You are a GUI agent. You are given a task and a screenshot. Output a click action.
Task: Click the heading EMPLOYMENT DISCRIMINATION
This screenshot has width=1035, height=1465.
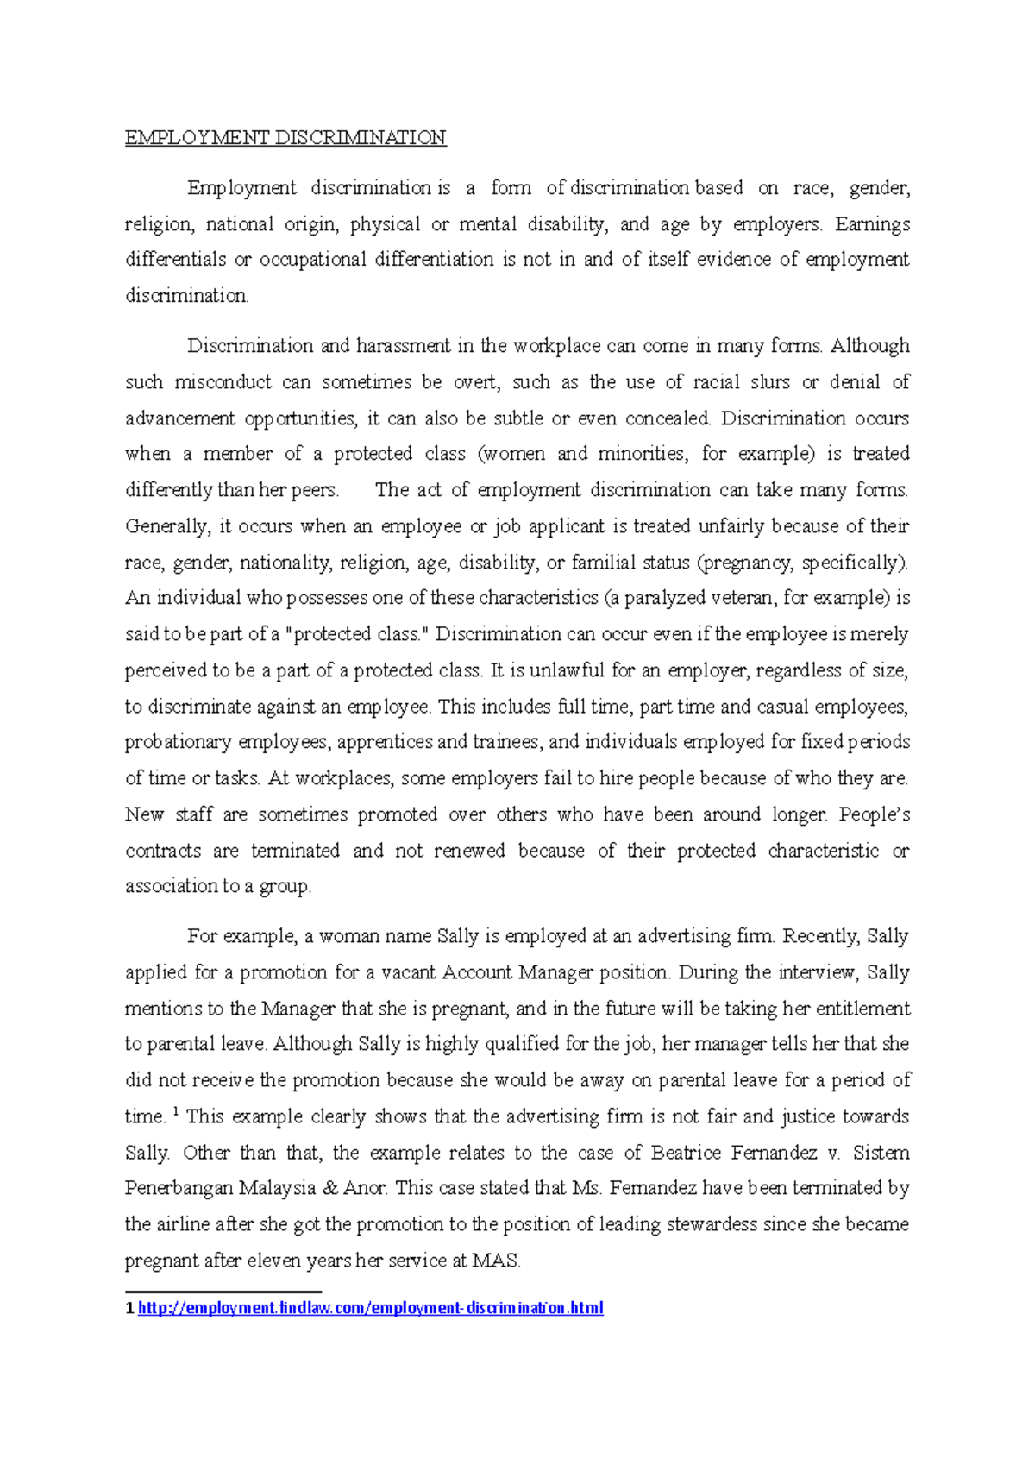(x=285, y=138)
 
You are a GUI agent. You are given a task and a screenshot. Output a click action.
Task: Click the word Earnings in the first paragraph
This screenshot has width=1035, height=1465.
(x=872, y=224)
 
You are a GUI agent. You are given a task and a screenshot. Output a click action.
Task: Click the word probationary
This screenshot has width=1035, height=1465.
(x=179, y=742)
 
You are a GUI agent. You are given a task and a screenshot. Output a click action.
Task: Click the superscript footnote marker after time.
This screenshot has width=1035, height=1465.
(x=176, y=1112)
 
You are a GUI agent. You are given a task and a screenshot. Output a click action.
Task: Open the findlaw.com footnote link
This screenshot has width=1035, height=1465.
(x=370, y=1309)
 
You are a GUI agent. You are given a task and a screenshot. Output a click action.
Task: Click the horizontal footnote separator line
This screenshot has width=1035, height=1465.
(x=223, y=1292)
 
